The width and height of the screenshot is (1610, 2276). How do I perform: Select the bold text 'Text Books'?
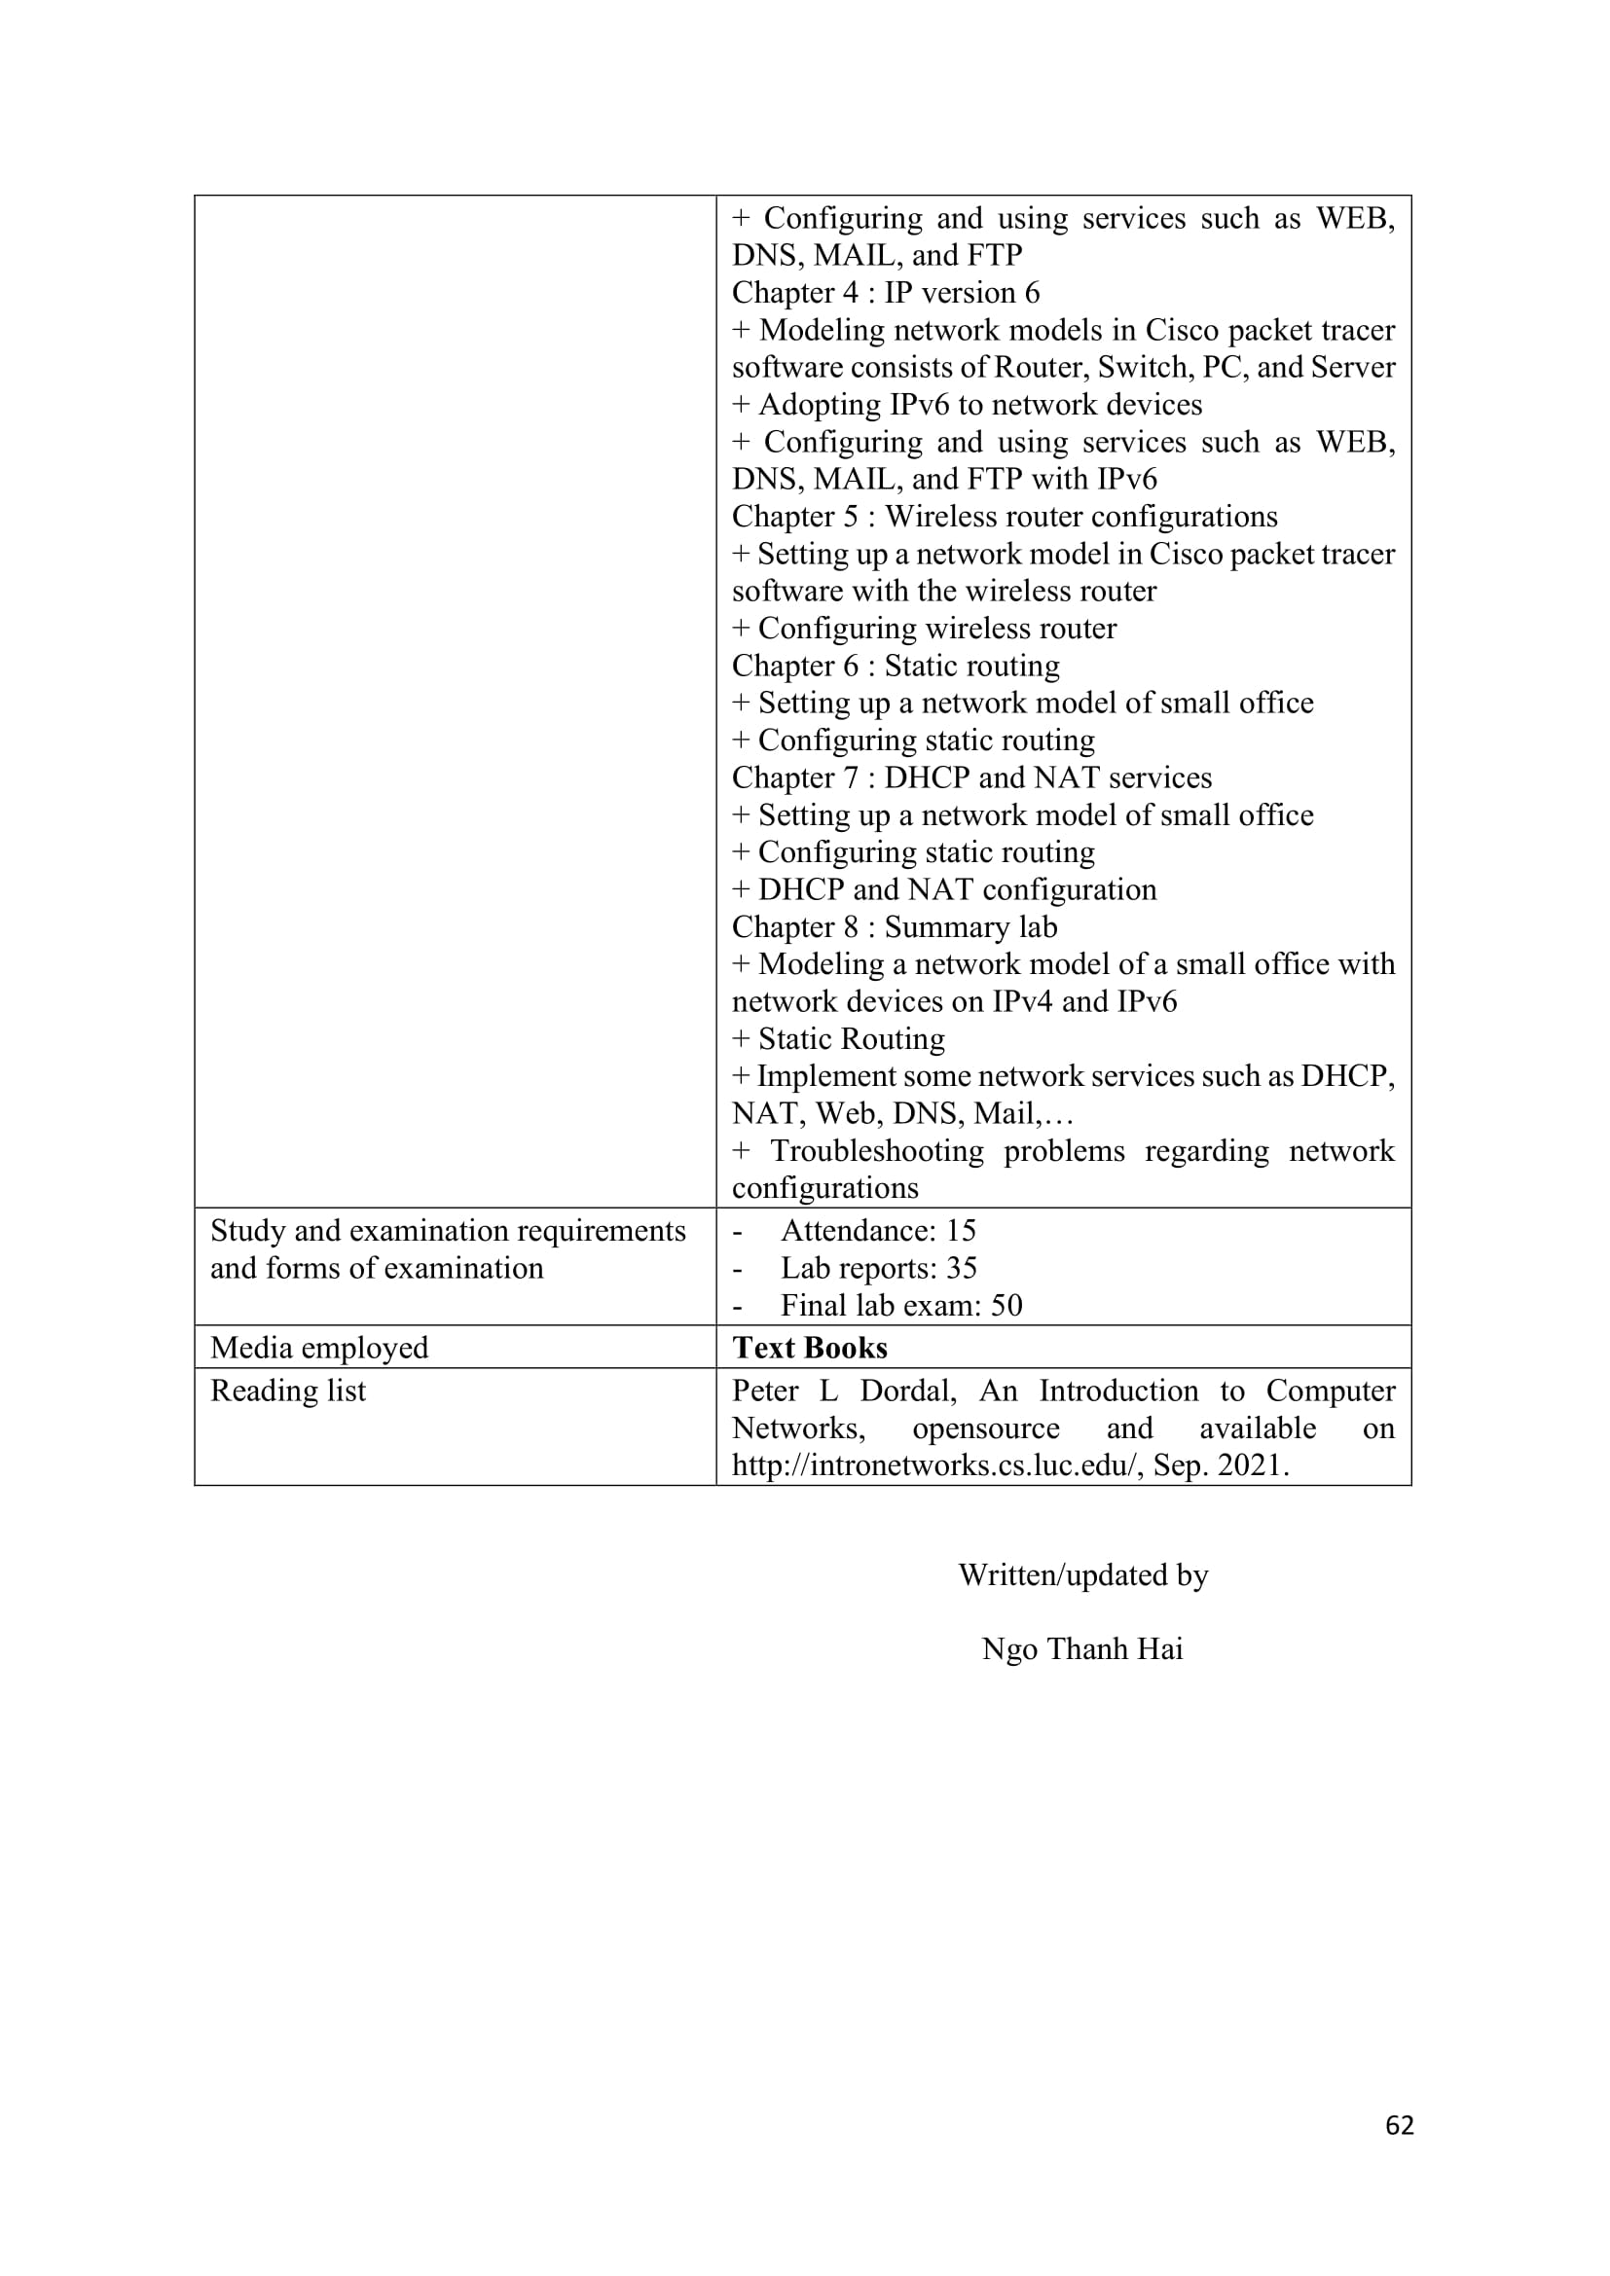tap(810, 1347)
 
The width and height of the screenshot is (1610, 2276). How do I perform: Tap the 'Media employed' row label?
tap(319, 1347)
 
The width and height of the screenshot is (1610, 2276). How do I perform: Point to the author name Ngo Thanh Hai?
tap(1081, 1648)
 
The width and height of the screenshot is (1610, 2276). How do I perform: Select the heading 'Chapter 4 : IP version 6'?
tap(885, 293)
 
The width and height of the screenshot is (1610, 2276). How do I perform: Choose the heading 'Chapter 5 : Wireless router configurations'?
tap(1005, 517)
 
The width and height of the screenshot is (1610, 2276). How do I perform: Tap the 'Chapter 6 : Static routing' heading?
tap(896, 666)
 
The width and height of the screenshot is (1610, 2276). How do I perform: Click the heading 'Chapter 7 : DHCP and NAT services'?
tap(971, 777)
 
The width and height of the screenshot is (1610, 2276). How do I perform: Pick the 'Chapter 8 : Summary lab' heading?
tap(895, 927)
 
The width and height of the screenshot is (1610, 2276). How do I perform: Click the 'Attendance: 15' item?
tap(877, 1230)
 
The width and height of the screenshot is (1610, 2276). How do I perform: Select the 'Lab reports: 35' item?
tap(878, 1268)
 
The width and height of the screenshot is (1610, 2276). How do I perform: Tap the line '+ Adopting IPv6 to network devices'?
tap(967, 405)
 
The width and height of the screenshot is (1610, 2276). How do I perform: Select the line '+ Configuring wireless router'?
tap(924, 629)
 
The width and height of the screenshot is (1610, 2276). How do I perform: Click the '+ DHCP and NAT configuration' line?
tap(944, 889)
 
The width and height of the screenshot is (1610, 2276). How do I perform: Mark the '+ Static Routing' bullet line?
tap(839, 1039)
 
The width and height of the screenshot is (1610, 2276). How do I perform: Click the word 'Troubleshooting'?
tap(876, 1151)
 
